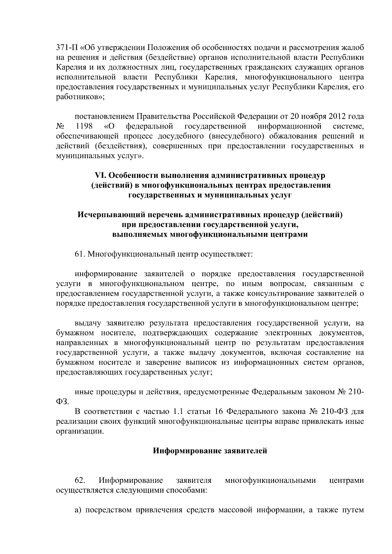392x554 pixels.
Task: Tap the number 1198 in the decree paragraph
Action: tap(84, 126)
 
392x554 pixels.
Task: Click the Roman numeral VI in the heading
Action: tap(99, 175)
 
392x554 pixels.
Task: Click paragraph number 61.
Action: tap(80, 254)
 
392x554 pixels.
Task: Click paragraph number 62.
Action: tap(80, 480)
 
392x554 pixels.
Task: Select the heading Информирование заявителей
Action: tap(210, 451)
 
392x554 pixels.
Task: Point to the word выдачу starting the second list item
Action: tap(88, 323)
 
